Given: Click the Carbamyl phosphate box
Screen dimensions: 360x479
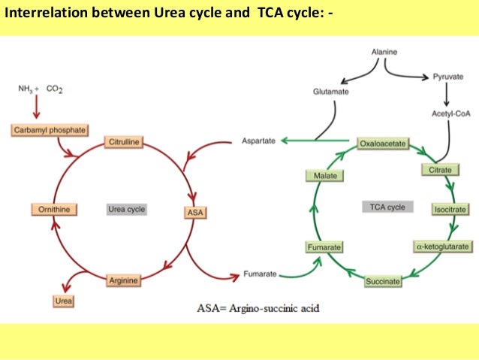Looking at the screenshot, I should coord(50,130).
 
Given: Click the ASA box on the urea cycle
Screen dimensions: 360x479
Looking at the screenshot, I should coord(194,213).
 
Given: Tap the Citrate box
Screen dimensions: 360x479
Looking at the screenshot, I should coord(440,171).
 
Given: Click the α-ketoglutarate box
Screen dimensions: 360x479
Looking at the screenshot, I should coord(442,246).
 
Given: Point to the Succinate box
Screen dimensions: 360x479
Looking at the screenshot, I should coord(382,281).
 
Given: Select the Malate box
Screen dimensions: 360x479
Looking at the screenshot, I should coord(324,176).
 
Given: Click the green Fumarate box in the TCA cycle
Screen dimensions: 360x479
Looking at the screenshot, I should coord(324,247).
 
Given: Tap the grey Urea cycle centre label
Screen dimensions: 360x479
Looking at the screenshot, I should coord(125,209).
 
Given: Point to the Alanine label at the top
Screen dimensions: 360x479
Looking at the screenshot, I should coord(385,51).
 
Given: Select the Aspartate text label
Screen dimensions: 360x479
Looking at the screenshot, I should coord(258,141).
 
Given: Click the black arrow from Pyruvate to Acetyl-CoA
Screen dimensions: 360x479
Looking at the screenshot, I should coord(447,94).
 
